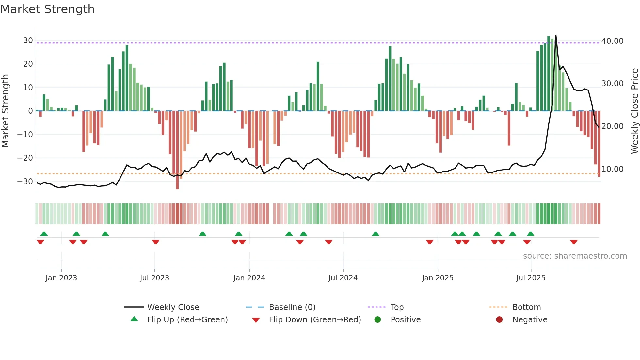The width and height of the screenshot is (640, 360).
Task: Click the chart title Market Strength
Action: (x=48, y=9)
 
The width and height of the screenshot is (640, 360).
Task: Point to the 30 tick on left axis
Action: (x=28, y=41)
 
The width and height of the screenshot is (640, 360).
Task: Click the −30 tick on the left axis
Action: (x=25, y=182)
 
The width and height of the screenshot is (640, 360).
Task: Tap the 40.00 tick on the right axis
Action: (x=612, y=41)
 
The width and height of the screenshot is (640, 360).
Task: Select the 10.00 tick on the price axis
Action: (x=612, y=169)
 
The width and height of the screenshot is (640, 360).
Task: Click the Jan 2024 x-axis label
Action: (x=249, y=278)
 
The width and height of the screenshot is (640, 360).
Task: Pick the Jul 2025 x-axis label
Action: (x=531, y=278)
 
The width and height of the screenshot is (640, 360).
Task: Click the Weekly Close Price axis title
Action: (x=634, y=111)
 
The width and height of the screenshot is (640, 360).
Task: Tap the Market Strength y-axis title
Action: (x=6, y=111)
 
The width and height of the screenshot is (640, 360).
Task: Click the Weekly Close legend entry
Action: (x=173, y=307)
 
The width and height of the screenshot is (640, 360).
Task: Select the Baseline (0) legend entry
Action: (x=292, y=307)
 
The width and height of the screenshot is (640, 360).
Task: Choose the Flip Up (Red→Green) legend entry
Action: (x=187, y=320)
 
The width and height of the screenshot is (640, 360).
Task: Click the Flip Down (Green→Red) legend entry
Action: (x=315, y=320)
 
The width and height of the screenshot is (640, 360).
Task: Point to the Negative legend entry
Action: (x=529, y=320)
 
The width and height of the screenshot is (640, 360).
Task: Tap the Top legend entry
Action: (x=397, y=307)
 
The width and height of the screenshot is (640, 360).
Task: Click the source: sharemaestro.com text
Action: (x=575, y=256)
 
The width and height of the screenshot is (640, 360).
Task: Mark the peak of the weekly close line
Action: (x=556, y=35)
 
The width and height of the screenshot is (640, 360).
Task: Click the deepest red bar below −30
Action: (x=177, y=188)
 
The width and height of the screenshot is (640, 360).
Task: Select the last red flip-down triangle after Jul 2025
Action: (x=574, y=242)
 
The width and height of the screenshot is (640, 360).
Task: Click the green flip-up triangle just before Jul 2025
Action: (x=531, y=234)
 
